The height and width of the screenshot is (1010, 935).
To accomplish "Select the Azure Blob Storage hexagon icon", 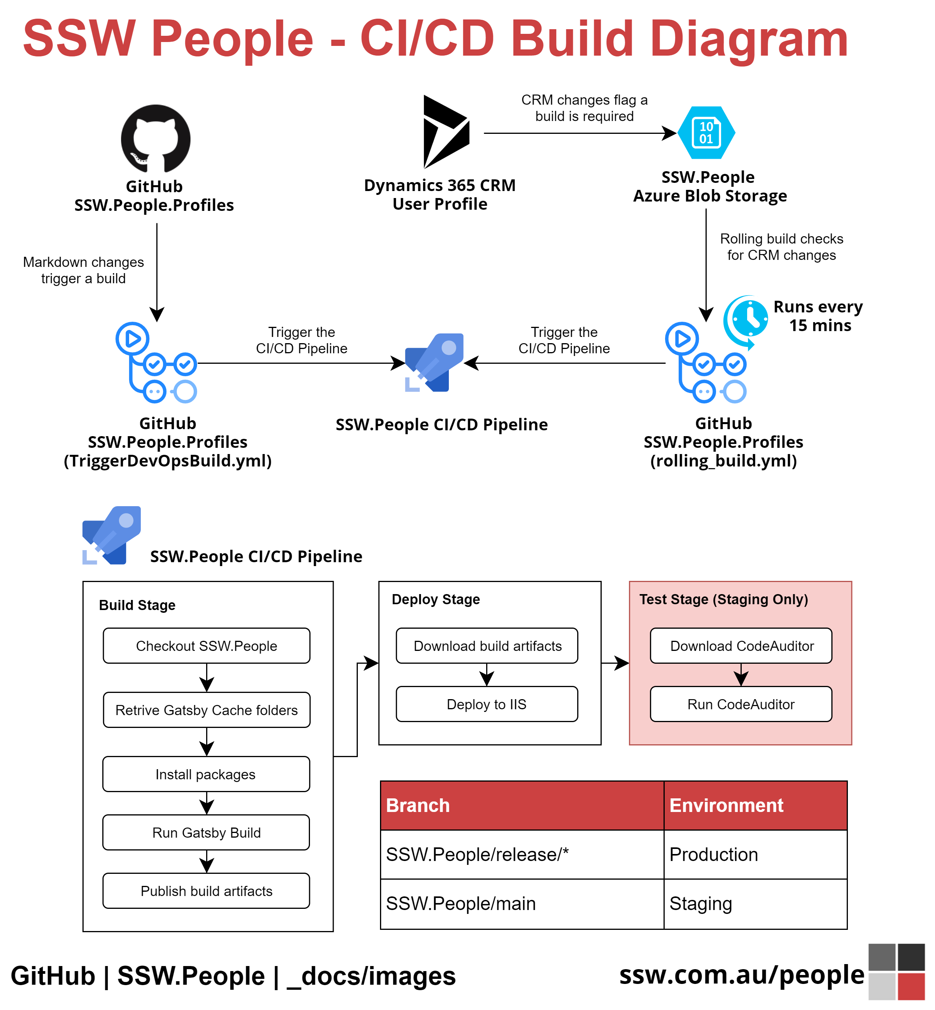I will (x=706, y=133).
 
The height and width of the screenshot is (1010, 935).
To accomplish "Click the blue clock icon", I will (x=748, y=320).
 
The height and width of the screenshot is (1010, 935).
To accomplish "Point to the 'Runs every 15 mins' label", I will (x=818, y=316).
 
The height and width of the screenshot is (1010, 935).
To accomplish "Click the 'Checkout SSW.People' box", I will (x=207, y=646).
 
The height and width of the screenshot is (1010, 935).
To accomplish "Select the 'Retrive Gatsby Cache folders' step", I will (x=207, y=710).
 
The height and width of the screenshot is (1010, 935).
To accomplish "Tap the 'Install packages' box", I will (x=206, y=774).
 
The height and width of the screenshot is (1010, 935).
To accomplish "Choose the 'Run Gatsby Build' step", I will (x=206, y=832).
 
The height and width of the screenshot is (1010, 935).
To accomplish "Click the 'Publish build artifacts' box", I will (x=206, y=891).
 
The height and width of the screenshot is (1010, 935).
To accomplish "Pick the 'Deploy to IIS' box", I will (x=487, y=704).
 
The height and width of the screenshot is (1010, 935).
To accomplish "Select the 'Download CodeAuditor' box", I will (x=741, y=646).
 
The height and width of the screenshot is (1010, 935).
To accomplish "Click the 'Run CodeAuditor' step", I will (x=741, y=704).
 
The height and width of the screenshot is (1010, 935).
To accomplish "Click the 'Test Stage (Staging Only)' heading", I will (x=723, y=599).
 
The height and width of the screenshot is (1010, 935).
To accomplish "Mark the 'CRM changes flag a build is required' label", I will (x=584, y=108).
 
